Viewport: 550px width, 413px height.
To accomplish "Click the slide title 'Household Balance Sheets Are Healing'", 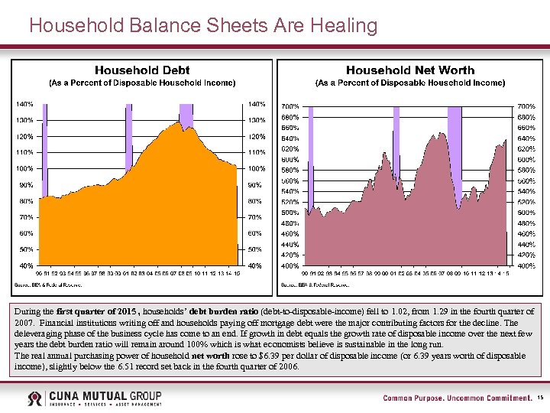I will (x=203, y=26).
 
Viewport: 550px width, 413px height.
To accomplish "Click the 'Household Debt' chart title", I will (x=142, y=70).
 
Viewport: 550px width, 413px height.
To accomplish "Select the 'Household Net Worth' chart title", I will (x=410, y=70).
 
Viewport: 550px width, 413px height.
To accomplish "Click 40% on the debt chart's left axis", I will (x=25, y=265).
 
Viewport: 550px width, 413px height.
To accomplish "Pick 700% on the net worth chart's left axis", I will (x=290, y=106).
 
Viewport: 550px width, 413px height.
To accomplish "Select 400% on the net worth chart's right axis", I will (x=526, y=265).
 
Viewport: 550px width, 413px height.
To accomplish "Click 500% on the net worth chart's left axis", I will (x=290, y=212).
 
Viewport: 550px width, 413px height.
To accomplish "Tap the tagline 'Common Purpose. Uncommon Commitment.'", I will (x=456, y=398).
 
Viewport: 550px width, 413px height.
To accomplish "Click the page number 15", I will (x=539, y=398).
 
